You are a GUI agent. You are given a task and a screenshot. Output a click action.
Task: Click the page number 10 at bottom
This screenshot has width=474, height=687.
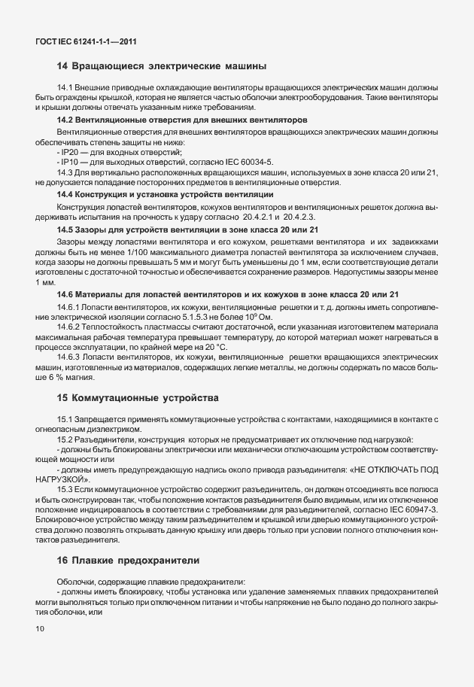(x=39, y=628)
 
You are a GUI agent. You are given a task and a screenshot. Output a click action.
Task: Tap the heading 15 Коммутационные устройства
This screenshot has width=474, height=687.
(x=138, y=397)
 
